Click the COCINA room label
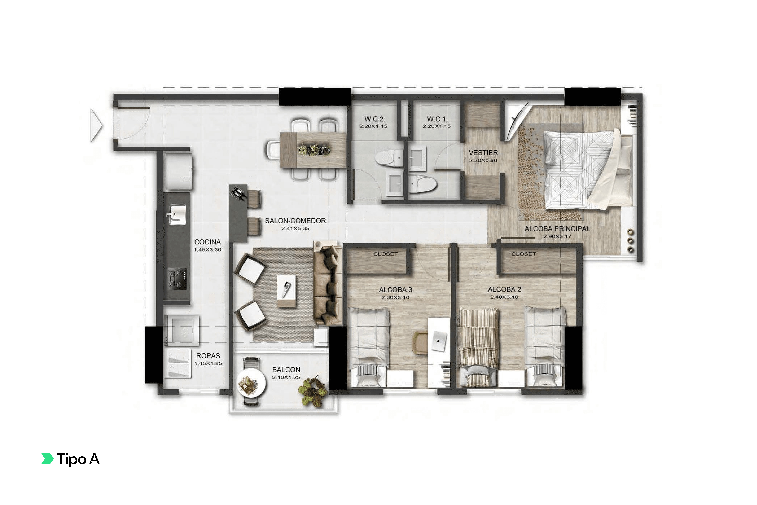coord(207,242)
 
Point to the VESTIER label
coord(483,153)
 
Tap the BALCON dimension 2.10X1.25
coord(286,377)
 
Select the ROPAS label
coord(208,356)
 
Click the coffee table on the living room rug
coord(286,291)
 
